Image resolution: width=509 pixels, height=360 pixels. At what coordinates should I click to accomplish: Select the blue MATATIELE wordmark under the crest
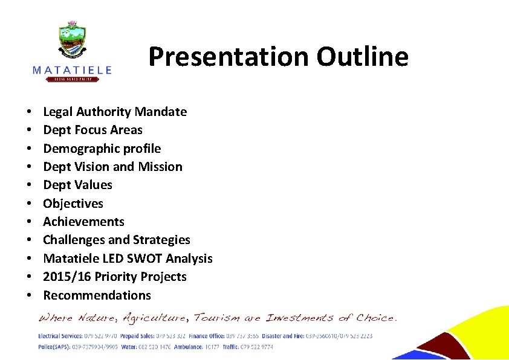[x=72, y=70]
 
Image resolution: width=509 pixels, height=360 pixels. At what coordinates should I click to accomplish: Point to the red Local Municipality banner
[x=72, y=79]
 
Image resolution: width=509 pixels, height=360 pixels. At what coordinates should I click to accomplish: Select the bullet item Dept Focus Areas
[x=92, y=130]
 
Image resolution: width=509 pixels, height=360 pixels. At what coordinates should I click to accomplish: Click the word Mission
[x=161, y=167]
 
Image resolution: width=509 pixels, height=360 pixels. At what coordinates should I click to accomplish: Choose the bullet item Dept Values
[x=77, y=185]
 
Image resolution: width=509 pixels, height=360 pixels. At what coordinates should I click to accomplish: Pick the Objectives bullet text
[x=73, y=204]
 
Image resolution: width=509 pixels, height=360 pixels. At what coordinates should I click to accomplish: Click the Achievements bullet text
[x=83, y=222]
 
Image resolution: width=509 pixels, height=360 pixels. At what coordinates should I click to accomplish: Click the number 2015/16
[x=66, y=277]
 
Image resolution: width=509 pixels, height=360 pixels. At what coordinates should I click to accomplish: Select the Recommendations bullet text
[x=97, y=295]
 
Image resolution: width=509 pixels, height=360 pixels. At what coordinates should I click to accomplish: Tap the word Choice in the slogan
[x=375, y=317]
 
